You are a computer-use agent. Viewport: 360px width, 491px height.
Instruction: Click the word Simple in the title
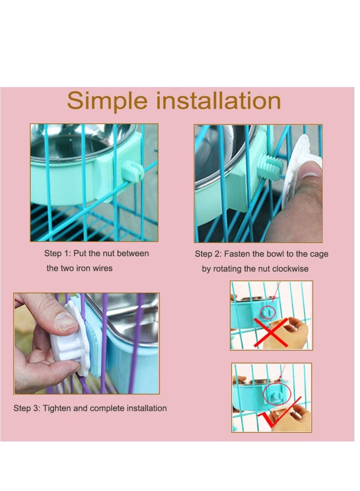coord(107,101)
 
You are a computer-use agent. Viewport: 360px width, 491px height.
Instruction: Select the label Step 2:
coord(208,254)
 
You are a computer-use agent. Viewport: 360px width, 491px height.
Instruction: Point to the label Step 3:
coord(27,409)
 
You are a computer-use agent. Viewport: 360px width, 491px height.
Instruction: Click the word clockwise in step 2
coord(288,269)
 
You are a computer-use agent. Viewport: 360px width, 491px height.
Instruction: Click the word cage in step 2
coord(319,254)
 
